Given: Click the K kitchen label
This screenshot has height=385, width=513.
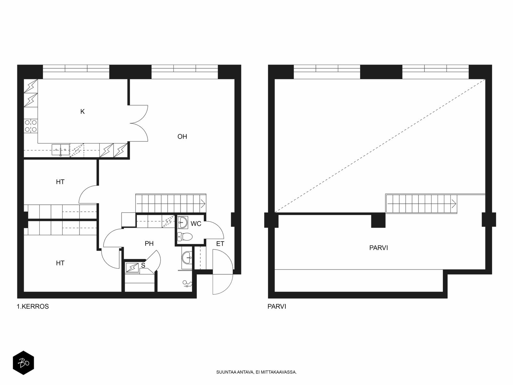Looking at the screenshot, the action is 82,112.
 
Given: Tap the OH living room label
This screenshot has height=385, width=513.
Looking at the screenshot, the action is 182,137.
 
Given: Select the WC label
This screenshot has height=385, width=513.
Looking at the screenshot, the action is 196,224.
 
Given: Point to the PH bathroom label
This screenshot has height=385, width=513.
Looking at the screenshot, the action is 149,244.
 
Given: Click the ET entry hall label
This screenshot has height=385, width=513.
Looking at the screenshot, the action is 220,244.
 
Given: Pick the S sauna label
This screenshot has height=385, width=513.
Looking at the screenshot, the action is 143,265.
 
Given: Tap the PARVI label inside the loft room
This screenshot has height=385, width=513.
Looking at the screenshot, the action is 379,248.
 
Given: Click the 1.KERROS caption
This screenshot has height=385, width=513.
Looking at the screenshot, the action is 33,306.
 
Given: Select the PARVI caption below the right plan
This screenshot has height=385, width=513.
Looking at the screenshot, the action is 277,306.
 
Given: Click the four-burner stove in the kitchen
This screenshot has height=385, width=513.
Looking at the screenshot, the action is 31,126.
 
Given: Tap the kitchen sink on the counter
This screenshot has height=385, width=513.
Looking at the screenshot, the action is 61,150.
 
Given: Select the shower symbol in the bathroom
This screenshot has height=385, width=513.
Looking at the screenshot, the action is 187,284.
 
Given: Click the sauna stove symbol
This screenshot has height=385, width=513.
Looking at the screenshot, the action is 132,268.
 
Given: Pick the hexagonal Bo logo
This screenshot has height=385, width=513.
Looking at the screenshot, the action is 23,363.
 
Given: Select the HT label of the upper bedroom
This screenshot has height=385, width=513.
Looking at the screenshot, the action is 60,182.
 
